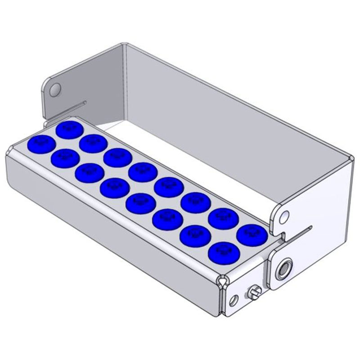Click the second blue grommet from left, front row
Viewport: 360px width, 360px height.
(66, 157)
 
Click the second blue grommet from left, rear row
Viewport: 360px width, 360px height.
(93, 143)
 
